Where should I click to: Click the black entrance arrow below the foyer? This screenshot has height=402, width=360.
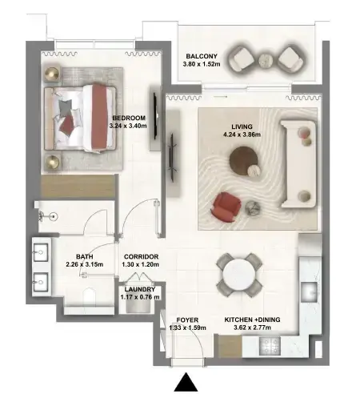tap(186, 383)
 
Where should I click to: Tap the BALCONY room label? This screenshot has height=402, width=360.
tap(202, 56)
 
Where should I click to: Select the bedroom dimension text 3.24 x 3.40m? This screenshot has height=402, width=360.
tap(128, 126)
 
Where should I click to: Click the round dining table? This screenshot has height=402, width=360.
tap(239, 275)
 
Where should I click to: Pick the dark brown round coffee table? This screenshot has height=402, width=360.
tap(243, 160)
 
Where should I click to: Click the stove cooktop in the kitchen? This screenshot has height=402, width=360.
tap(270, 346)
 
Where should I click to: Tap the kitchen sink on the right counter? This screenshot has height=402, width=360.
tap(310, 292)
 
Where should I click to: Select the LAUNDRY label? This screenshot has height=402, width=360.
tap(140, 289)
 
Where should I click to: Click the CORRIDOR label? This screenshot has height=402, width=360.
tap(141, 257)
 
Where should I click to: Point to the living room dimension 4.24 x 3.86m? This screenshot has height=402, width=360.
tap(242, 135)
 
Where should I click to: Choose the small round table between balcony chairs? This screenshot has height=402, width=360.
tap(266, 61)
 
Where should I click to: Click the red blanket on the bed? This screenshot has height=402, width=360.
tap(100, 118)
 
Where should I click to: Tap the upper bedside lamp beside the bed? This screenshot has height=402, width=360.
tap(52, 74)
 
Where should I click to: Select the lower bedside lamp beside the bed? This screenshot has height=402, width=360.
tap(52, 162)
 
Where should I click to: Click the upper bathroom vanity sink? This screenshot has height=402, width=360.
tap(41, 252)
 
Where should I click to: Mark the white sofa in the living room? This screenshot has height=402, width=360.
tap(299, 164)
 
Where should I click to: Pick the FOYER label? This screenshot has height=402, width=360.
tap(187, 320)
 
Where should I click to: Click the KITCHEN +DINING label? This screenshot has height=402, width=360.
tap(252, 320)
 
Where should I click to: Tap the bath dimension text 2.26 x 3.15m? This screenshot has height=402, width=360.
tap(85, 265)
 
